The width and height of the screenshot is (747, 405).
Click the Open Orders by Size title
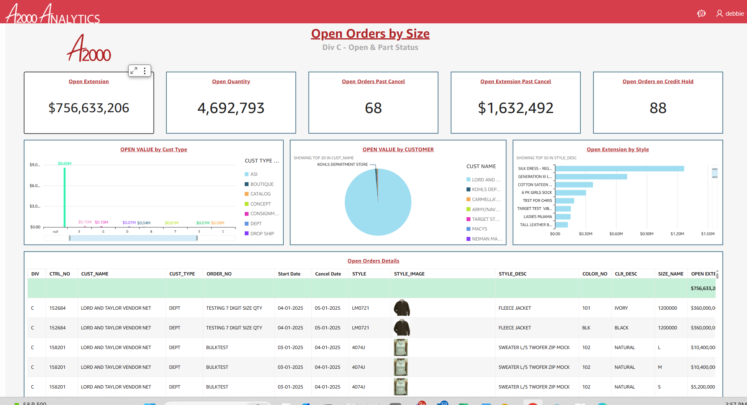pos(370,34)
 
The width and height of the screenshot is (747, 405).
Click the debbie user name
pos(735,14)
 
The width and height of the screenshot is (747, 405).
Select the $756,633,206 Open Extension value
pos(89,108)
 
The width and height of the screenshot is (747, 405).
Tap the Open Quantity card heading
pos(231,82)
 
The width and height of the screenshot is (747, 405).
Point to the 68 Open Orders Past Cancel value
pos(373,108)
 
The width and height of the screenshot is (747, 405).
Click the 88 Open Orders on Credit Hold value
pos(658,108)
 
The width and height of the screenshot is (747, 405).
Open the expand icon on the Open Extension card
pos(134,71)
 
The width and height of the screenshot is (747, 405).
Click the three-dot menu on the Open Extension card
pos(145,71)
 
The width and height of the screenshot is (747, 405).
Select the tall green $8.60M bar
pos(64,197)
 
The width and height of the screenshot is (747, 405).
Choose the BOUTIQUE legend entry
pos(262,184)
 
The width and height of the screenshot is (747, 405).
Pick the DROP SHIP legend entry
pos(262,234)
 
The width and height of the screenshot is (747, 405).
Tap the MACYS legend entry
pos(479,229)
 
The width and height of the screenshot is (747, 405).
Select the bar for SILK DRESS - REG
pos(619,169)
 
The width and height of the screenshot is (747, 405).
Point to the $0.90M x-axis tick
pos(647,234)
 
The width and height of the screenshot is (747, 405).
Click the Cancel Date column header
pos(328,274)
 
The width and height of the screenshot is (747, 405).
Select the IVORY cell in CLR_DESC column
pos(621,308)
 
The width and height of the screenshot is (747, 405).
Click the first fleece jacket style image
pos(402,308)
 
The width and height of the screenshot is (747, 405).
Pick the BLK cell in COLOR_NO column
pos(586,328)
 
